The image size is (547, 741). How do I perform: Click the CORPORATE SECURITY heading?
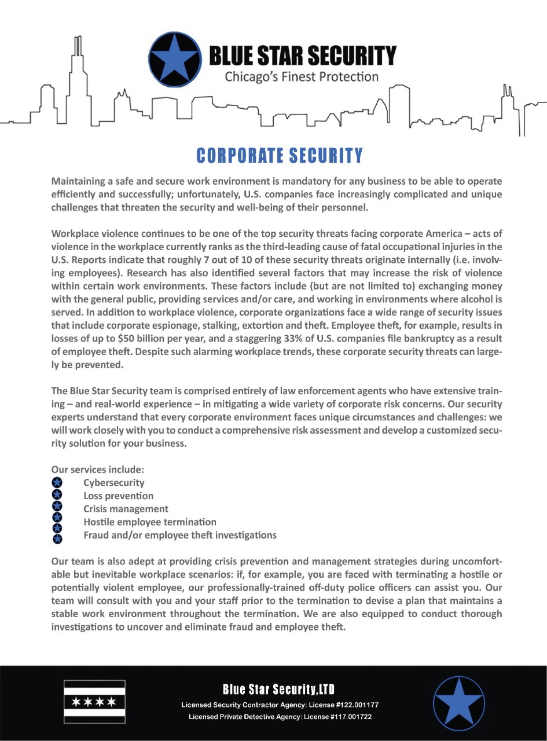point(280,155)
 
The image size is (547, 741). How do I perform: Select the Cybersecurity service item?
point(114,483)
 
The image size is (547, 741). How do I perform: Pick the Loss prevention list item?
point(119,496)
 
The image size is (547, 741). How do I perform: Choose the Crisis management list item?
point(126,509)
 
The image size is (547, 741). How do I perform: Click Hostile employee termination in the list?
point(150,522)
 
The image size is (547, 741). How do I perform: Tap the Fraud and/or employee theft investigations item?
point(180,535)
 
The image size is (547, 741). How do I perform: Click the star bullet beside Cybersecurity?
point(57,482)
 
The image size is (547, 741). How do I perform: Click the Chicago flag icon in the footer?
point(94,702)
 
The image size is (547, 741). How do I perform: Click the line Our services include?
point(98,469)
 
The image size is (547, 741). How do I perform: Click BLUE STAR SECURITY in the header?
point(302,56)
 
